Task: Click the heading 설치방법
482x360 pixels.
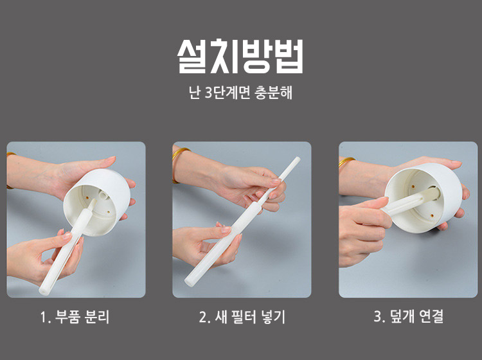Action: (x=240, y=57)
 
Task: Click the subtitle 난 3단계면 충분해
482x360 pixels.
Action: (x=240, y=93)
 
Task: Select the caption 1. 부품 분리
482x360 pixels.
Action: (x=75, y=317)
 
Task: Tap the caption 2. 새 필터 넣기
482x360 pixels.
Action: (x=242, y=317)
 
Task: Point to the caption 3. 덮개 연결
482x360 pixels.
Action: (x=409, y=316)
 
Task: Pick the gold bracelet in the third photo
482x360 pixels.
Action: (x=346, y=162)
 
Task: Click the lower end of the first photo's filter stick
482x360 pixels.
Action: (x=44, y=291)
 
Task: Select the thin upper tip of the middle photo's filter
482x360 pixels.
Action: (x=298, y=159)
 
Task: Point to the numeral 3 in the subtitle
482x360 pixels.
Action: (x=208, y=93)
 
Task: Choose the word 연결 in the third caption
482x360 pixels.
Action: (x=431, y=316)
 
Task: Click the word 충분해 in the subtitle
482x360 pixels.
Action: (x=274, y=93)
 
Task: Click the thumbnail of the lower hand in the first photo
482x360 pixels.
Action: (x=67, y=236)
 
